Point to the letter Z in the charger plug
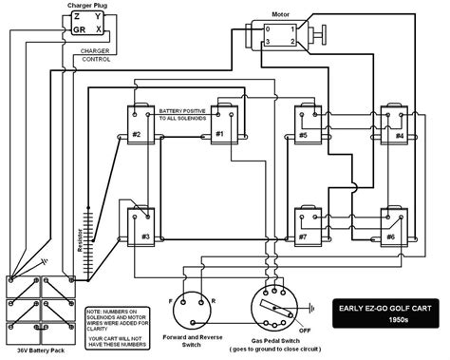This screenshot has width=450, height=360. pos(80,18)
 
